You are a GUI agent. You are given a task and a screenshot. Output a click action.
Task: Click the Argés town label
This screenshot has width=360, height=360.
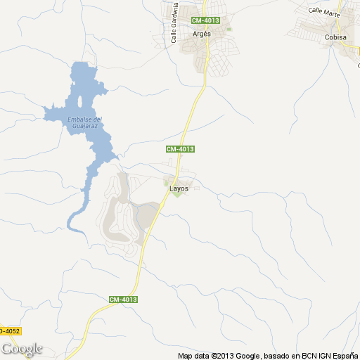[202, 34]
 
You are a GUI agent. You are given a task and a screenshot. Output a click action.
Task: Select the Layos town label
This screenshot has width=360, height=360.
[179, 188]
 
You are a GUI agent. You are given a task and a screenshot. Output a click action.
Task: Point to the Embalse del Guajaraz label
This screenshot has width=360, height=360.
[85, 122]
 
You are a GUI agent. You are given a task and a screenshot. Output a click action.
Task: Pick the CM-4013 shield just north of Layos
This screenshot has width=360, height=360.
[179, 149]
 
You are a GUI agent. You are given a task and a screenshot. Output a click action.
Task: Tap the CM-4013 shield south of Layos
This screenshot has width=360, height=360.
[123, 300]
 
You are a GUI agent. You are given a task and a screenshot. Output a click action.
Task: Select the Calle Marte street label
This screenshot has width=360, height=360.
[325, 12]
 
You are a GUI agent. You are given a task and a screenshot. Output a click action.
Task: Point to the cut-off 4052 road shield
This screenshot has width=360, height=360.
[9, 330]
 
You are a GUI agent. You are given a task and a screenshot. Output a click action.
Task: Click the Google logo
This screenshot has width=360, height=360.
[21, 349]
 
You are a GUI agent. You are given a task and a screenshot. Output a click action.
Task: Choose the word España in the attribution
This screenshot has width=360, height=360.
[343, 356]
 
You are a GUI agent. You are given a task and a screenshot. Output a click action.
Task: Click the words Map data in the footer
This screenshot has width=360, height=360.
[193, 356]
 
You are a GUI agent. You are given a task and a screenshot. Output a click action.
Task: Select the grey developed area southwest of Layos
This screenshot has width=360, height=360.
[123, 214]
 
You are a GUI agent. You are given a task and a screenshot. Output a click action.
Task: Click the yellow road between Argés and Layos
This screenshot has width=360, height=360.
[191, 112]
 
